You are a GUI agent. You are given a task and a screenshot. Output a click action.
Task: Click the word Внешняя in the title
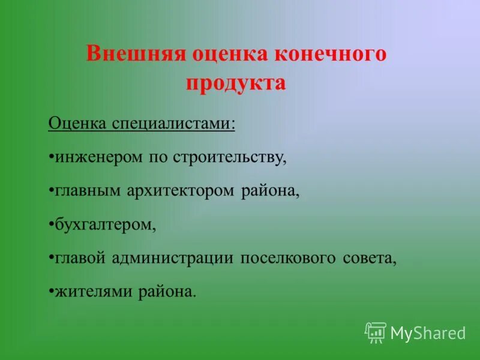click(135, 55)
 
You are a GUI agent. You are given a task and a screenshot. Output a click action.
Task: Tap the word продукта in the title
click(236, 82)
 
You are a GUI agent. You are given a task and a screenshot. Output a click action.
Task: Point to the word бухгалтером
click(104, 225)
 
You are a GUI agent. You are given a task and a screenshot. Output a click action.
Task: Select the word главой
click(80, 259)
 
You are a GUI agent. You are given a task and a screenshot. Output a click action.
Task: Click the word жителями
click(94, 292)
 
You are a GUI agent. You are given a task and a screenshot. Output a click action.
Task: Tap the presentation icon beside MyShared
click(376, 332)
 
